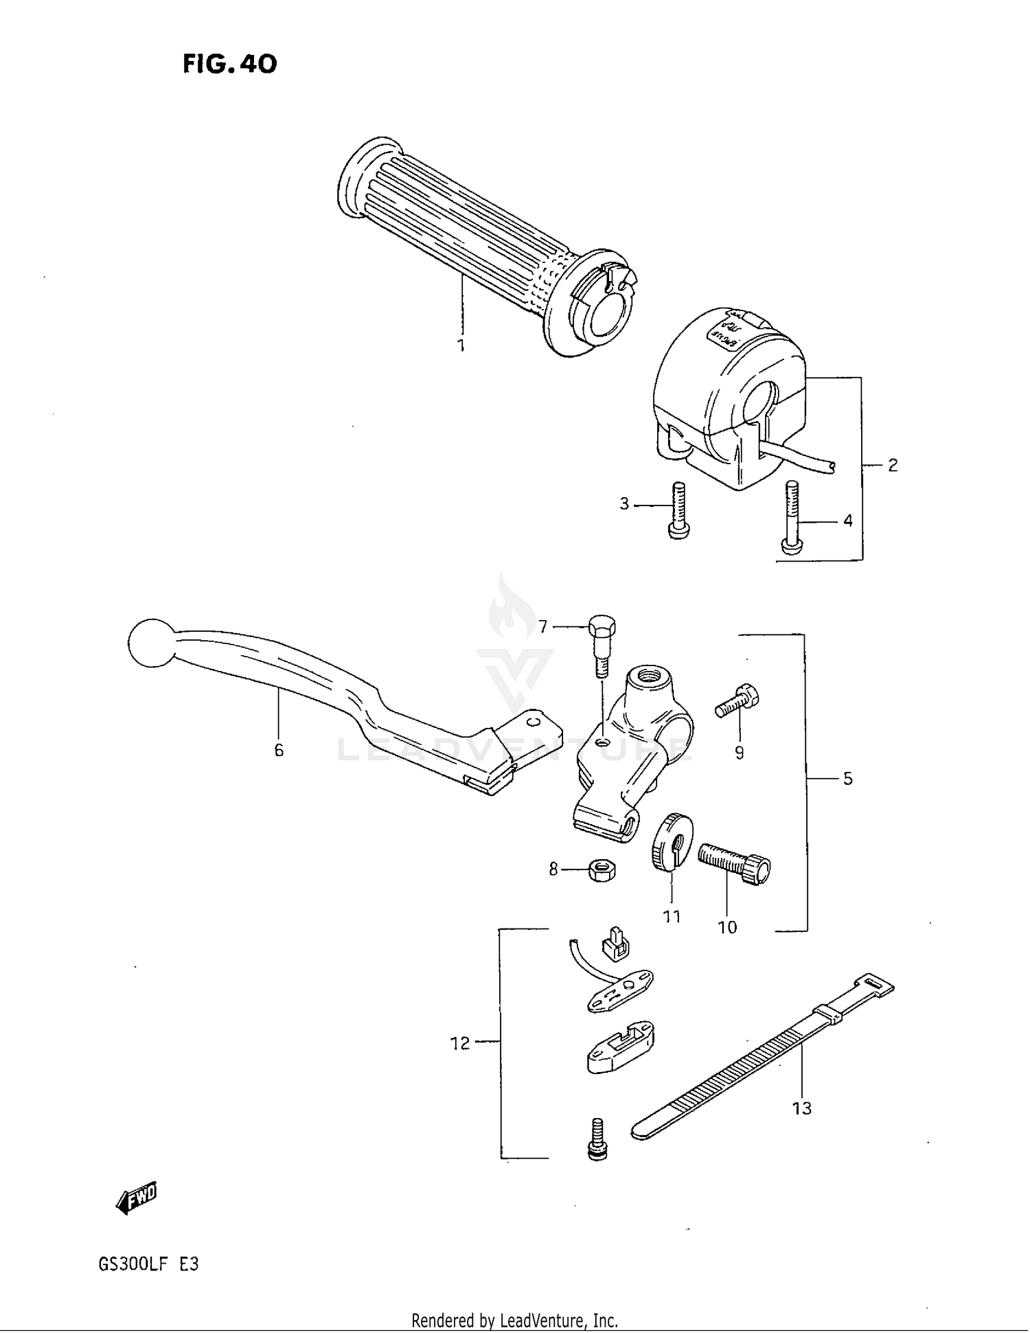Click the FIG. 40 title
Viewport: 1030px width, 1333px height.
click(230, 64)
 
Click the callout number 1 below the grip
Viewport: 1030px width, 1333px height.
click(461, 345)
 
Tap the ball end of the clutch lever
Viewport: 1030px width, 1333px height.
click(152, 643)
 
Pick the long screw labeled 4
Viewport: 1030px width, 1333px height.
click(790, 516)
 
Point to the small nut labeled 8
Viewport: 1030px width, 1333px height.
click(602, 871)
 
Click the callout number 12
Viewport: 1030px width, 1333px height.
click(459, 1043)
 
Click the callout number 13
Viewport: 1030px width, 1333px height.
click(801, 1108)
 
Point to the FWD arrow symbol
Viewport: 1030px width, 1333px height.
click(137, 1198)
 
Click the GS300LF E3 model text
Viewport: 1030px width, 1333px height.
click(148, 1264)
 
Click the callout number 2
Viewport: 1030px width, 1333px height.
click(892, 466)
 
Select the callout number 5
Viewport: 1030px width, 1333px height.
click(847, 779)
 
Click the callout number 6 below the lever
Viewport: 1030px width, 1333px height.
click(279, 751)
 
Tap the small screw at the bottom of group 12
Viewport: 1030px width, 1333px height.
click(598, 1140)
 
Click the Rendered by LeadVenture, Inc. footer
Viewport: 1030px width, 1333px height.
click(514, 1320)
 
